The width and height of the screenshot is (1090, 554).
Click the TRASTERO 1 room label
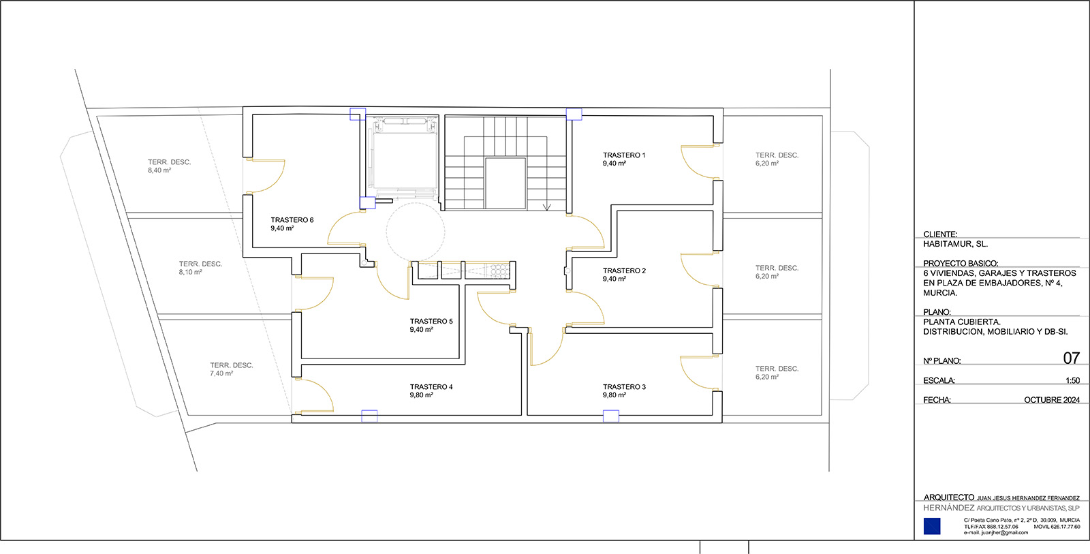pos(624,155)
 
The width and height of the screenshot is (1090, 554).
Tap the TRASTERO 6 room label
pos(292,220)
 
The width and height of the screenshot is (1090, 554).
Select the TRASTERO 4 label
pos(431,387)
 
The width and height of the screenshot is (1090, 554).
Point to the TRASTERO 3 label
pos(624,387)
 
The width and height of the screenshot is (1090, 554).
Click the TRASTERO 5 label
pos(431,322)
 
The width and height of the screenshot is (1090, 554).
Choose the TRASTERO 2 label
pos(624,271)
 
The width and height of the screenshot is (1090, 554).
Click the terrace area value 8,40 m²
pos(159,170)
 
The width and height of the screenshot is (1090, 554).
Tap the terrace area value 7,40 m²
pos(221,373)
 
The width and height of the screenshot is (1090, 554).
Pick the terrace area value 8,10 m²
pos(190,272)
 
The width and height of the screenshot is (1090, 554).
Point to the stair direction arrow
pos(547,207)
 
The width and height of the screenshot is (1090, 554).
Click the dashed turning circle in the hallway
pos(416,204)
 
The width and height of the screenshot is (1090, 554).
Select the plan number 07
pos(1071,358)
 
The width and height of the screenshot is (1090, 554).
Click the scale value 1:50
pos(1072,381)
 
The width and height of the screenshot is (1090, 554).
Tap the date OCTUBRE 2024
pos(1052,400)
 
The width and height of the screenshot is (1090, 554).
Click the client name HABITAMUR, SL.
pos(956,245)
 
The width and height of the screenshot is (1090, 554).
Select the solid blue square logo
pos(932,526)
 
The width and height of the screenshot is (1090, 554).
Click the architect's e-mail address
pos(996,533)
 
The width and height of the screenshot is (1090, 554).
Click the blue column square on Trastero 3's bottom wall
pos(611,416)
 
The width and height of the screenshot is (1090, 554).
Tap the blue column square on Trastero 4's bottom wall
pos(369,416)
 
